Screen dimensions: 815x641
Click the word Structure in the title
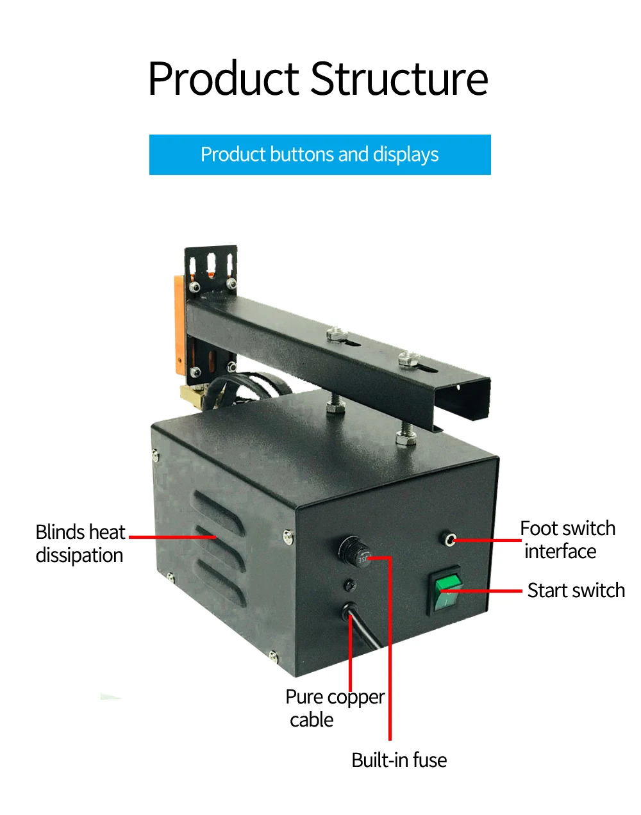coord(399,79)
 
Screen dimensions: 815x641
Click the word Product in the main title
coord(224,79)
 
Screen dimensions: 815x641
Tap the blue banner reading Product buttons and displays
coord(320,154)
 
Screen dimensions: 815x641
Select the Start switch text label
coord(576,590)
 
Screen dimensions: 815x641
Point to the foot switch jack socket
coord(451,540)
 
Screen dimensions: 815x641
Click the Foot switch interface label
coord(567,539)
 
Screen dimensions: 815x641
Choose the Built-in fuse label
coord(399,760)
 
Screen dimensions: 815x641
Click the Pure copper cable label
coord(335,708)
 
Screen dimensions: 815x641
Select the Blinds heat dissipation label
coord(80,543)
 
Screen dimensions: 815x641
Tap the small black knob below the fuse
coord(350,584)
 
